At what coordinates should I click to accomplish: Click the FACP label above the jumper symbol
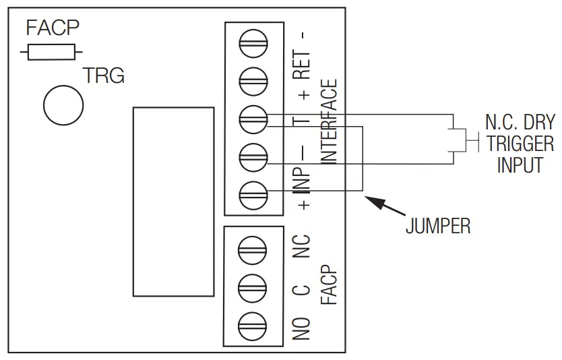[53, 28]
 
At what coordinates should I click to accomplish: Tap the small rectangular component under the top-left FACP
[53, 51]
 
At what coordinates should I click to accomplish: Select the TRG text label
[103, 76]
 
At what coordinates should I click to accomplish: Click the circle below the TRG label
[63, 104]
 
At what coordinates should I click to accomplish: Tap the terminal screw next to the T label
[253, 119]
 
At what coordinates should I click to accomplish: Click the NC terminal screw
[253, 247]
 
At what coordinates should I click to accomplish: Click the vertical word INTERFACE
[328, 122]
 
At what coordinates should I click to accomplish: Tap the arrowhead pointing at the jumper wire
[371, 200]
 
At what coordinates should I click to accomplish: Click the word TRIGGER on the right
[520, 144]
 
